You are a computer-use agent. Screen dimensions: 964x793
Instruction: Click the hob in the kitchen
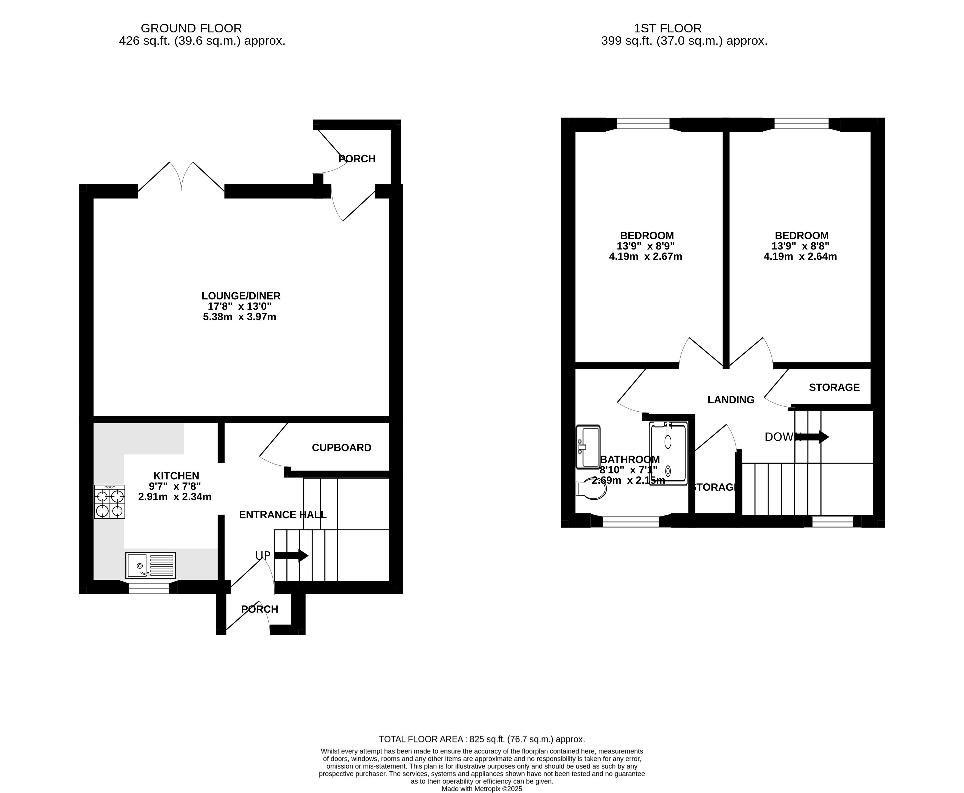(x=110, y=501)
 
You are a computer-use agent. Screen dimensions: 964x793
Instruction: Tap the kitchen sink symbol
(x=151, y=565)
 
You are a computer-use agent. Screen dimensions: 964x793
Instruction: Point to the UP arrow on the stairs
(x=291, y=556)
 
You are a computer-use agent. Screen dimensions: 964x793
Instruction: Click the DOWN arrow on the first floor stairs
(x=812, y=437)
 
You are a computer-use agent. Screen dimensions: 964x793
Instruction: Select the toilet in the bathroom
(x=591, y=489)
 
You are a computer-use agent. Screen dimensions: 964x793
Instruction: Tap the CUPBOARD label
(x=341, y=448)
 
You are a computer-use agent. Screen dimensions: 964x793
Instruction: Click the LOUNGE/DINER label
(x=241, y=296)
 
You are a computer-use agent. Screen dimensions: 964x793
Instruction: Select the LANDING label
(x=731, y=400)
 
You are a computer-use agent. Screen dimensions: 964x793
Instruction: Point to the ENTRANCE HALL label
(x=283, y=515)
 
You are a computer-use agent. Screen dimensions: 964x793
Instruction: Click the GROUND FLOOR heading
(x=191, y=28)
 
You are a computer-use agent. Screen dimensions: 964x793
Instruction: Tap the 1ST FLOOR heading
(x=667, y=28)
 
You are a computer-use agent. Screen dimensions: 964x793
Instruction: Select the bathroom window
(x=631, y=521)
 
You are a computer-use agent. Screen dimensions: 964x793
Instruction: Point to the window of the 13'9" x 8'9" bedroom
(x=643, y=123)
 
